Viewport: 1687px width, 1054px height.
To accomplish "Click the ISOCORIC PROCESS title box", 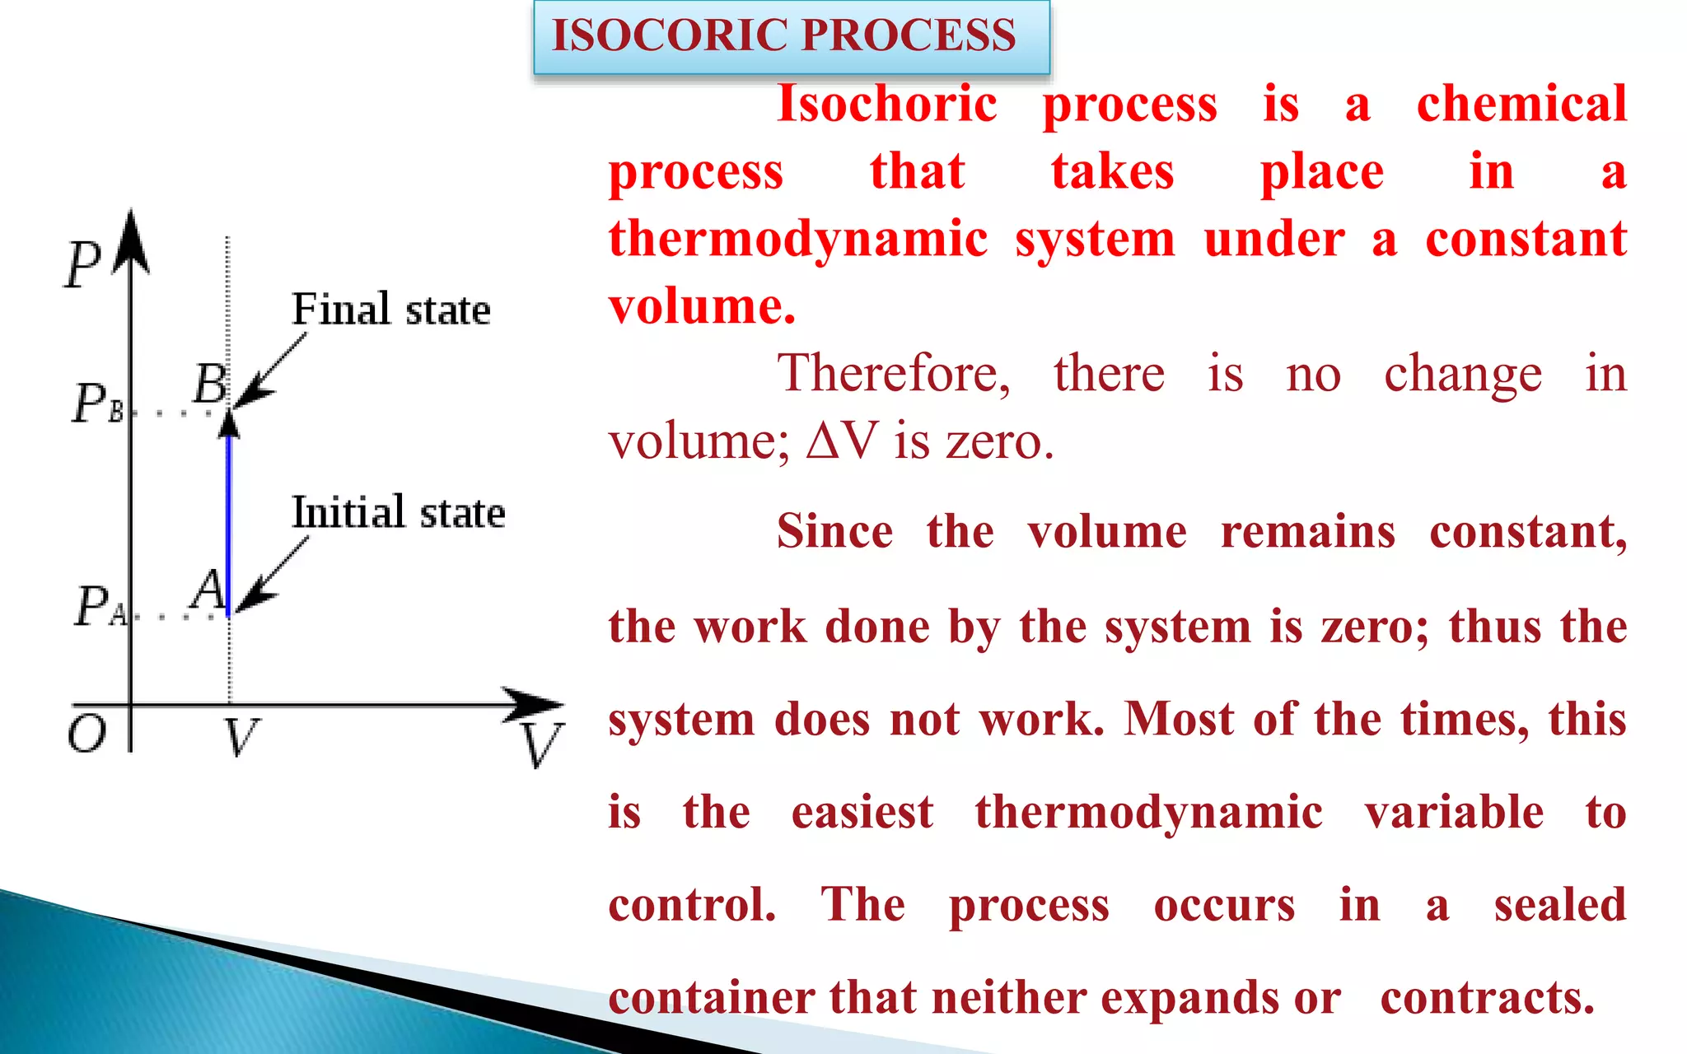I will tap(791, 36).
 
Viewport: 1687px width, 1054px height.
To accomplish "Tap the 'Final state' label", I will tap(390, 310).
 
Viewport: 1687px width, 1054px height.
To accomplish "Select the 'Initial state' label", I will tap(398, 512).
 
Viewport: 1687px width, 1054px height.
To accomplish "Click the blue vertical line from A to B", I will tap(229, 519).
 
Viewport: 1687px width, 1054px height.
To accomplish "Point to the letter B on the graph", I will tap(210, 384).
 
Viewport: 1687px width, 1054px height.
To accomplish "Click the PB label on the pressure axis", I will tap(97, 403).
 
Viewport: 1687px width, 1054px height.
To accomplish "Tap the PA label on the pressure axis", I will tap(100, 607).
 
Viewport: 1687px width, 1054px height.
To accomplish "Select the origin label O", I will tap(86, 733).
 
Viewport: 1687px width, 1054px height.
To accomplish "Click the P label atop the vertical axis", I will tap(82, 263).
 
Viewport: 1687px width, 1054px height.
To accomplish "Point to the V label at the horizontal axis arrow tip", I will tap(543, 744).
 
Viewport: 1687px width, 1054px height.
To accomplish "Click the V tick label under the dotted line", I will tap(241, 736).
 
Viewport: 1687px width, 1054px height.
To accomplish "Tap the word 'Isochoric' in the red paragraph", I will tap(887, 105).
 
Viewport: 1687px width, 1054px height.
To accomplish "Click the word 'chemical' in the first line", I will tap(1521, 105).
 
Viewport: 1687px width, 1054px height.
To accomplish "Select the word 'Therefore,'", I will tap(893, 373).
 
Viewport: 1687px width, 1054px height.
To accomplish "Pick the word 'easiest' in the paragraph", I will tap(862, 812).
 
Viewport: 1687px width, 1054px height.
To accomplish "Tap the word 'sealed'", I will tap(1560, 904).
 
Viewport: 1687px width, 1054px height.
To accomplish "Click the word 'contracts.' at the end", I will tap(1488, 997).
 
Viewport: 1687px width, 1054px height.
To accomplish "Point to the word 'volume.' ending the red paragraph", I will tap(702, 306).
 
